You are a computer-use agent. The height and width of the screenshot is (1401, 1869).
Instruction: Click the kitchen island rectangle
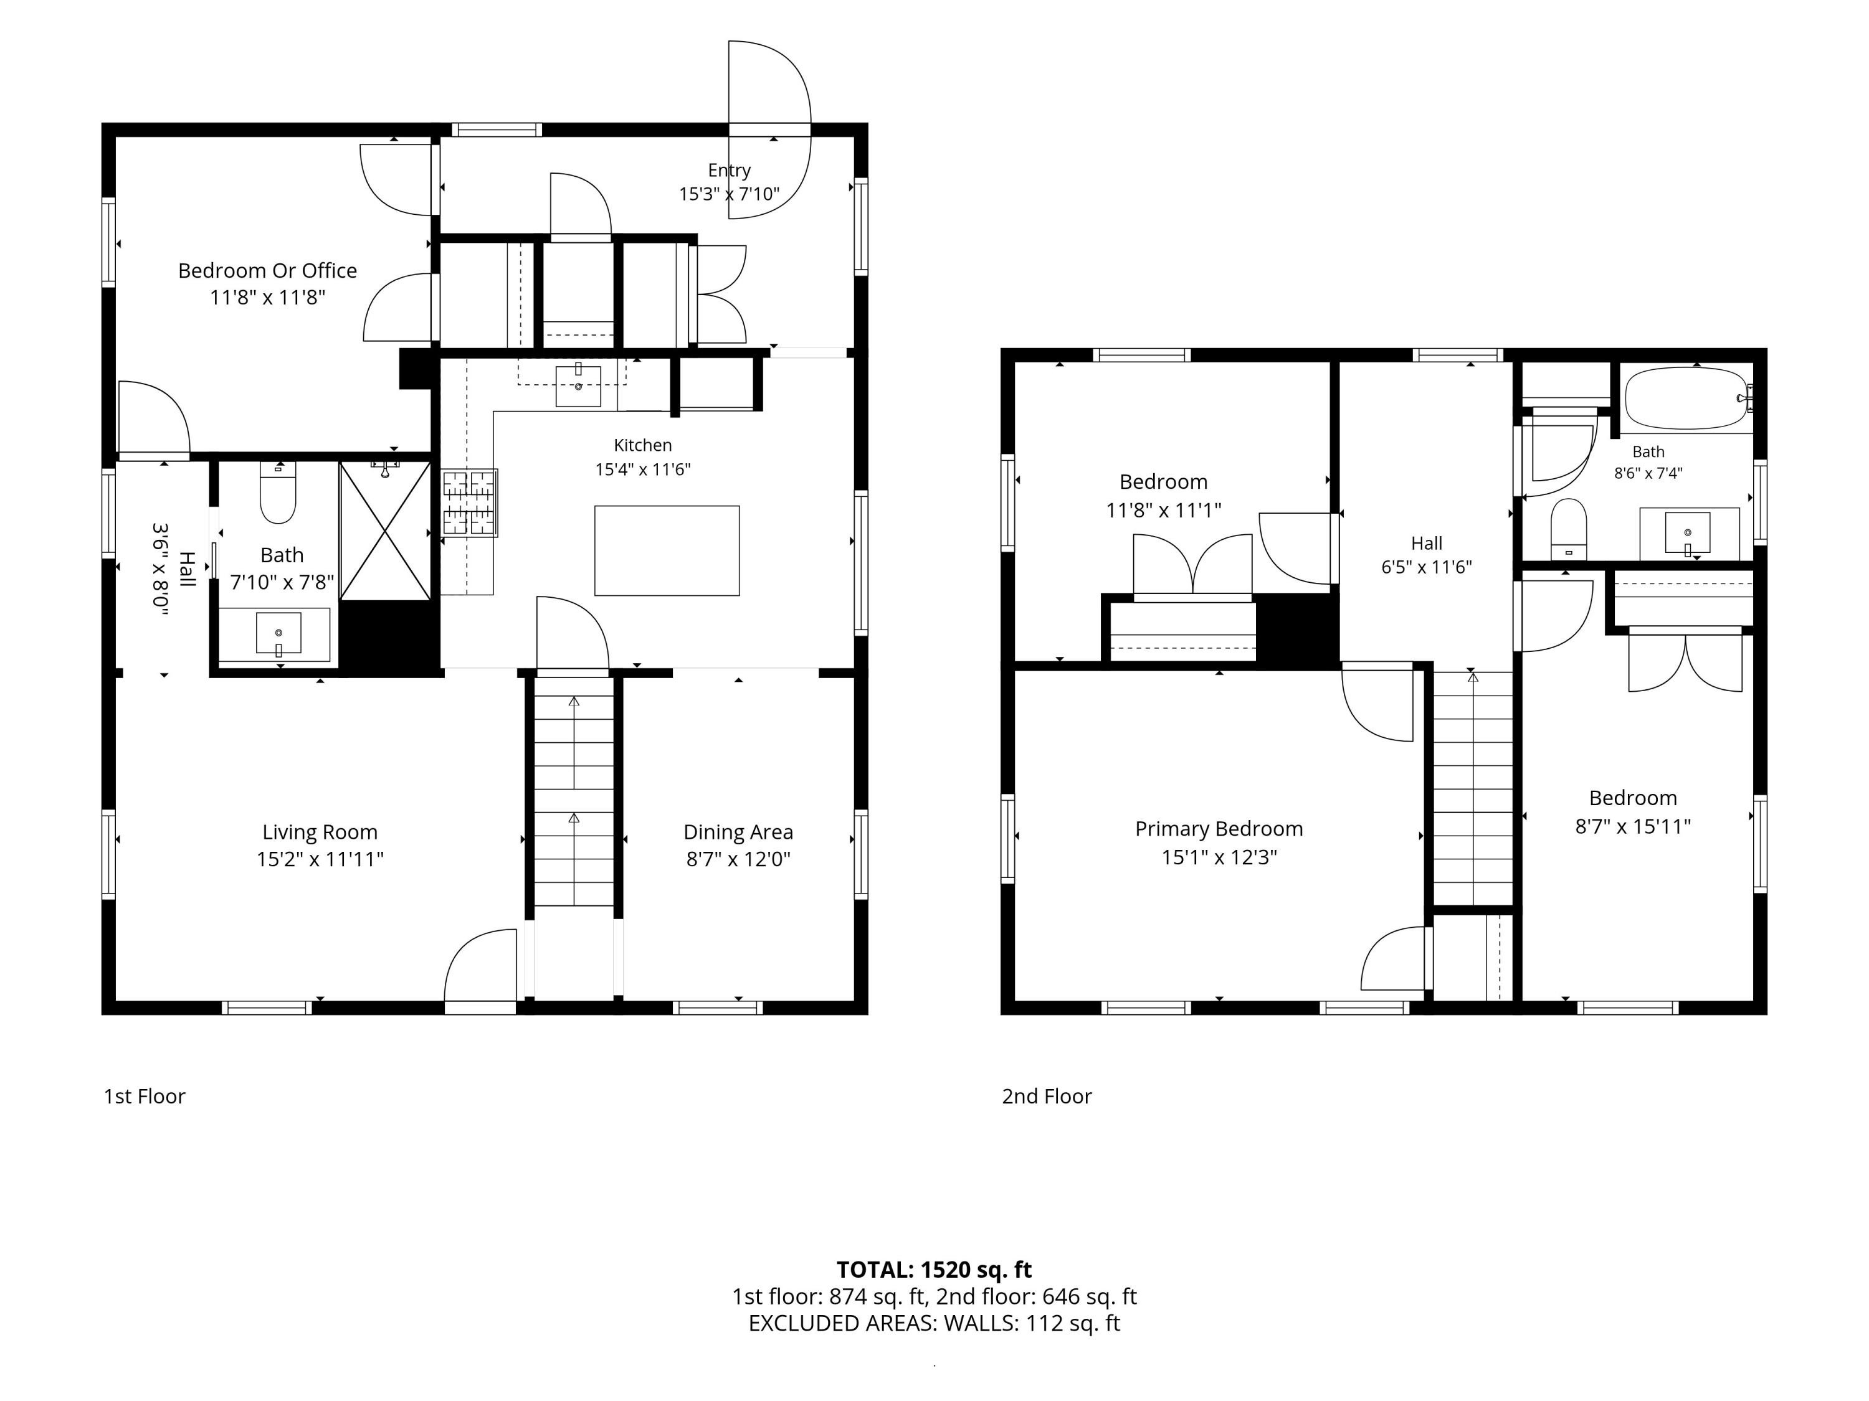(x=667, y=550)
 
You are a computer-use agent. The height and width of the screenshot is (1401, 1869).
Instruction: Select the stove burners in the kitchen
(x=470, y=503)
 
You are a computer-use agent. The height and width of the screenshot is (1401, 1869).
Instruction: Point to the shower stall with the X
(x=385, y=531)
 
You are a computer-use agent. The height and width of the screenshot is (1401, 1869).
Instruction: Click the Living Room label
(x=320, y=832)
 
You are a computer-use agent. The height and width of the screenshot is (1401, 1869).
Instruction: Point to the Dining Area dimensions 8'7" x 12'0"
(x=738, y=859)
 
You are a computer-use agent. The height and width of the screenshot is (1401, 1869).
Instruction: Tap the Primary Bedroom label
(x=1219, y=829)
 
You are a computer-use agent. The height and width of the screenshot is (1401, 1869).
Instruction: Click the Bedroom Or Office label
(x=267, y=270)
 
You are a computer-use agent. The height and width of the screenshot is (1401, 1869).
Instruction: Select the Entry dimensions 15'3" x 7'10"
(x=728, y=194)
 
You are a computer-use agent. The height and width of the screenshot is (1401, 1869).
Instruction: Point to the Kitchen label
(x=642, y=445)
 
